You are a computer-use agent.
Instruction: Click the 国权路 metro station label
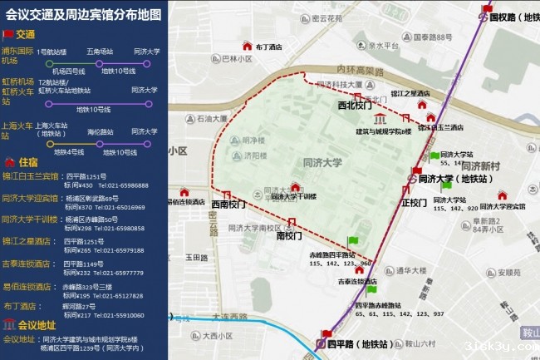514,16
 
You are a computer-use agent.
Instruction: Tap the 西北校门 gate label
355,106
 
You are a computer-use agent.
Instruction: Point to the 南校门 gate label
288,236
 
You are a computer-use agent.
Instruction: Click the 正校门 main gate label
413,202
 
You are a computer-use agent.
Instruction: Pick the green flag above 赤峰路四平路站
353,241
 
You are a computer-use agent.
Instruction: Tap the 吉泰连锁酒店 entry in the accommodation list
30,264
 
